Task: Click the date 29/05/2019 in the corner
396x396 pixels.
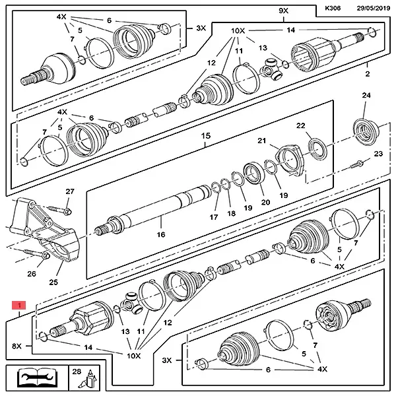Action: coord(371,9)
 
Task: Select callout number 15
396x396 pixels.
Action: coord(206,136)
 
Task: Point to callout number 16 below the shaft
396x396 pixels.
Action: coord(160,234)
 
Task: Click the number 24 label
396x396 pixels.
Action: coord(366,96)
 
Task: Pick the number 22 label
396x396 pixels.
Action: coord(300,126)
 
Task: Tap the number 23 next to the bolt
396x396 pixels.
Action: coord(378,154)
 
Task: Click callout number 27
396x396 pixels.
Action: coord(70,191)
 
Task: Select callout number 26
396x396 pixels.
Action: coord(32,273)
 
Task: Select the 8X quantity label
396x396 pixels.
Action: coord(16,345)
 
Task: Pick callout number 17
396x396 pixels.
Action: coord(214,217)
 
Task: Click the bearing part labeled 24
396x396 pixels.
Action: coord(364,129)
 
